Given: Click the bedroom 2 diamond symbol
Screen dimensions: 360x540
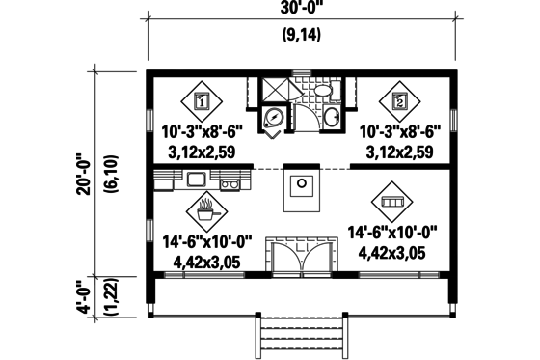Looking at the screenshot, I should click(x=399, y=99).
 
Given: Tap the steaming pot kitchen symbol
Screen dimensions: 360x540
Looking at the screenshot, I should click(x=206, y=206).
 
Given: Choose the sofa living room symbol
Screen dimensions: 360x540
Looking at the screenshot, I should click(x=391, y=202).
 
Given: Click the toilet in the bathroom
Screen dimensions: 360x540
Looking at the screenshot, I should click(x=322, y=91).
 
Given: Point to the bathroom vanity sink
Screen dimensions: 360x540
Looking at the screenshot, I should click(x=331, y=118).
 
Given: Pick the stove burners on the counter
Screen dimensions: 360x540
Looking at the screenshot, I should click(x=229, y=180).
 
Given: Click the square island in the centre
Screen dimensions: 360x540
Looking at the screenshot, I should click(x=302, y=187).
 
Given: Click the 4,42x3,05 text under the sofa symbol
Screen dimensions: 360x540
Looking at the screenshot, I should click(x=391, y=252).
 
